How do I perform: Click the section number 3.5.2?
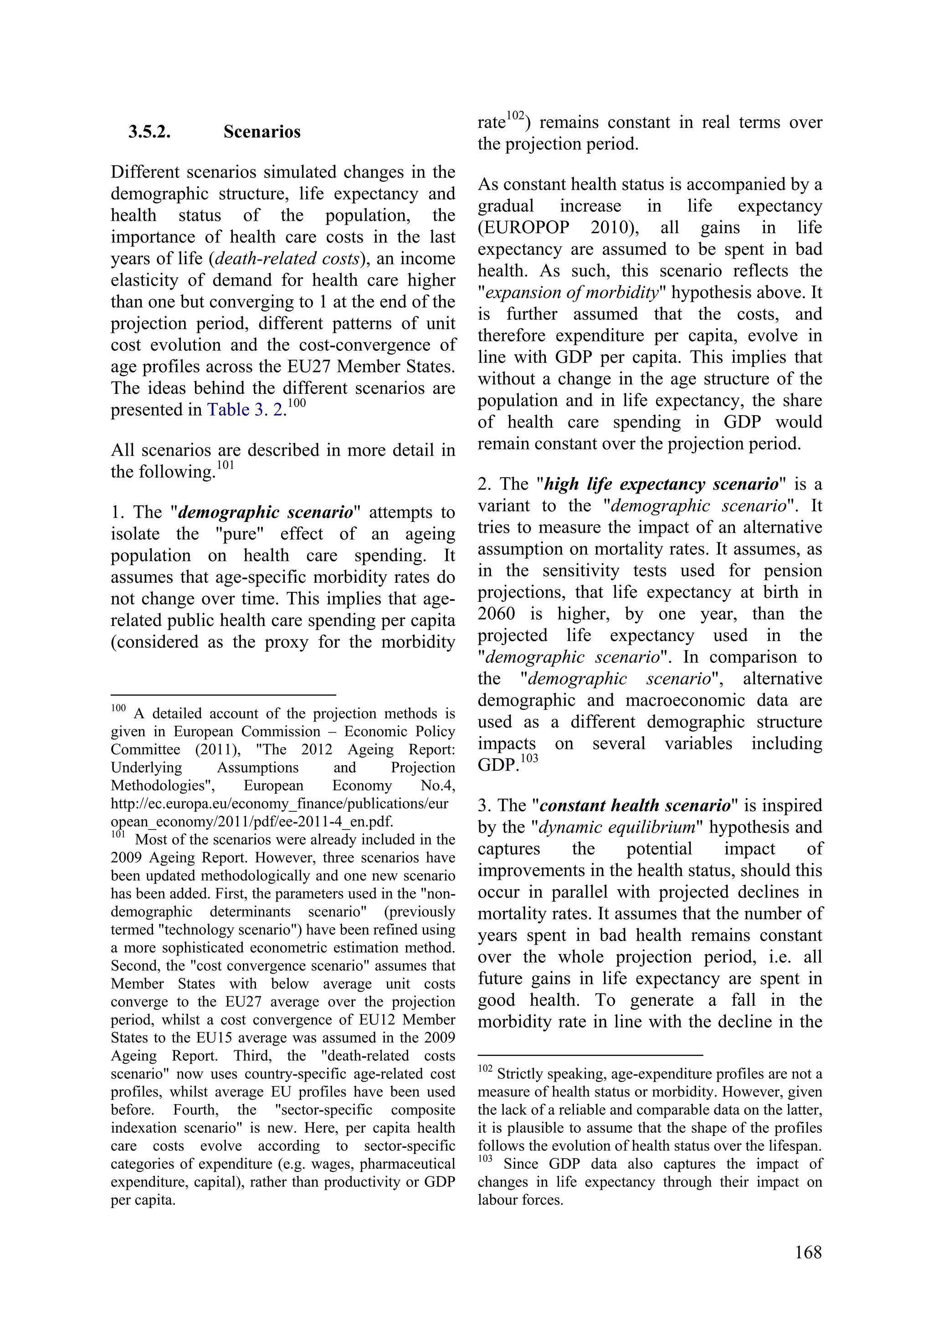(149, 132)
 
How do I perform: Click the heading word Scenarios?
(261, 132)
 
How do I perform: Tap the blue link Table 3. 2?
(245, 410)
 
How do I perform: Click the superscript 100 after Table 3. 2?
(296, 403)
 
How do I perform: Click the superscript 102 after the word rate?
(516, 116)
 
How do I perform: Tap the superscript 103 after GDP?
(529, 759)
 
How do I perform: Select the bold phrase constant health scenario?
(635, 805)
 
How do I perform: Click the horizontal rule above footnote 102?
(590, 1055)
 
